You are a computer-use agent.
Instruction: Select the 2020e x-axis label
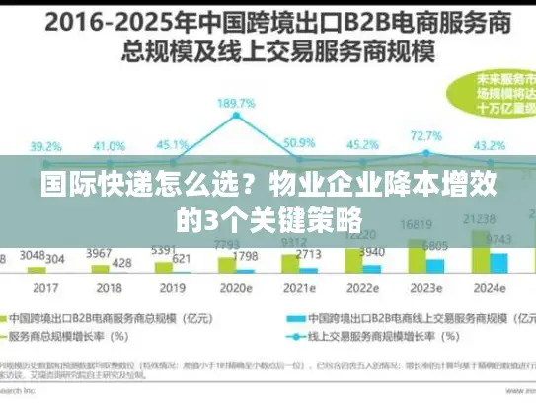(237, 288)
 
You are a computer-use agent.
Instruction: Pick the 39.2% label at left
(48, 144)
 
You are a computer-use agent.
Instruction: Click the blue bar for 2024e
(499, 261)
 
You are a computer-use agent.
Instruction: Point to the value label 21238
(480, 218)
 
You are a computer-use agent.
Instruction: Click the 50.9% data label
(299, 143)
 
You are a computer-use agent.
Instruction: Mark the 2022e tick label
(363, 288)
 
